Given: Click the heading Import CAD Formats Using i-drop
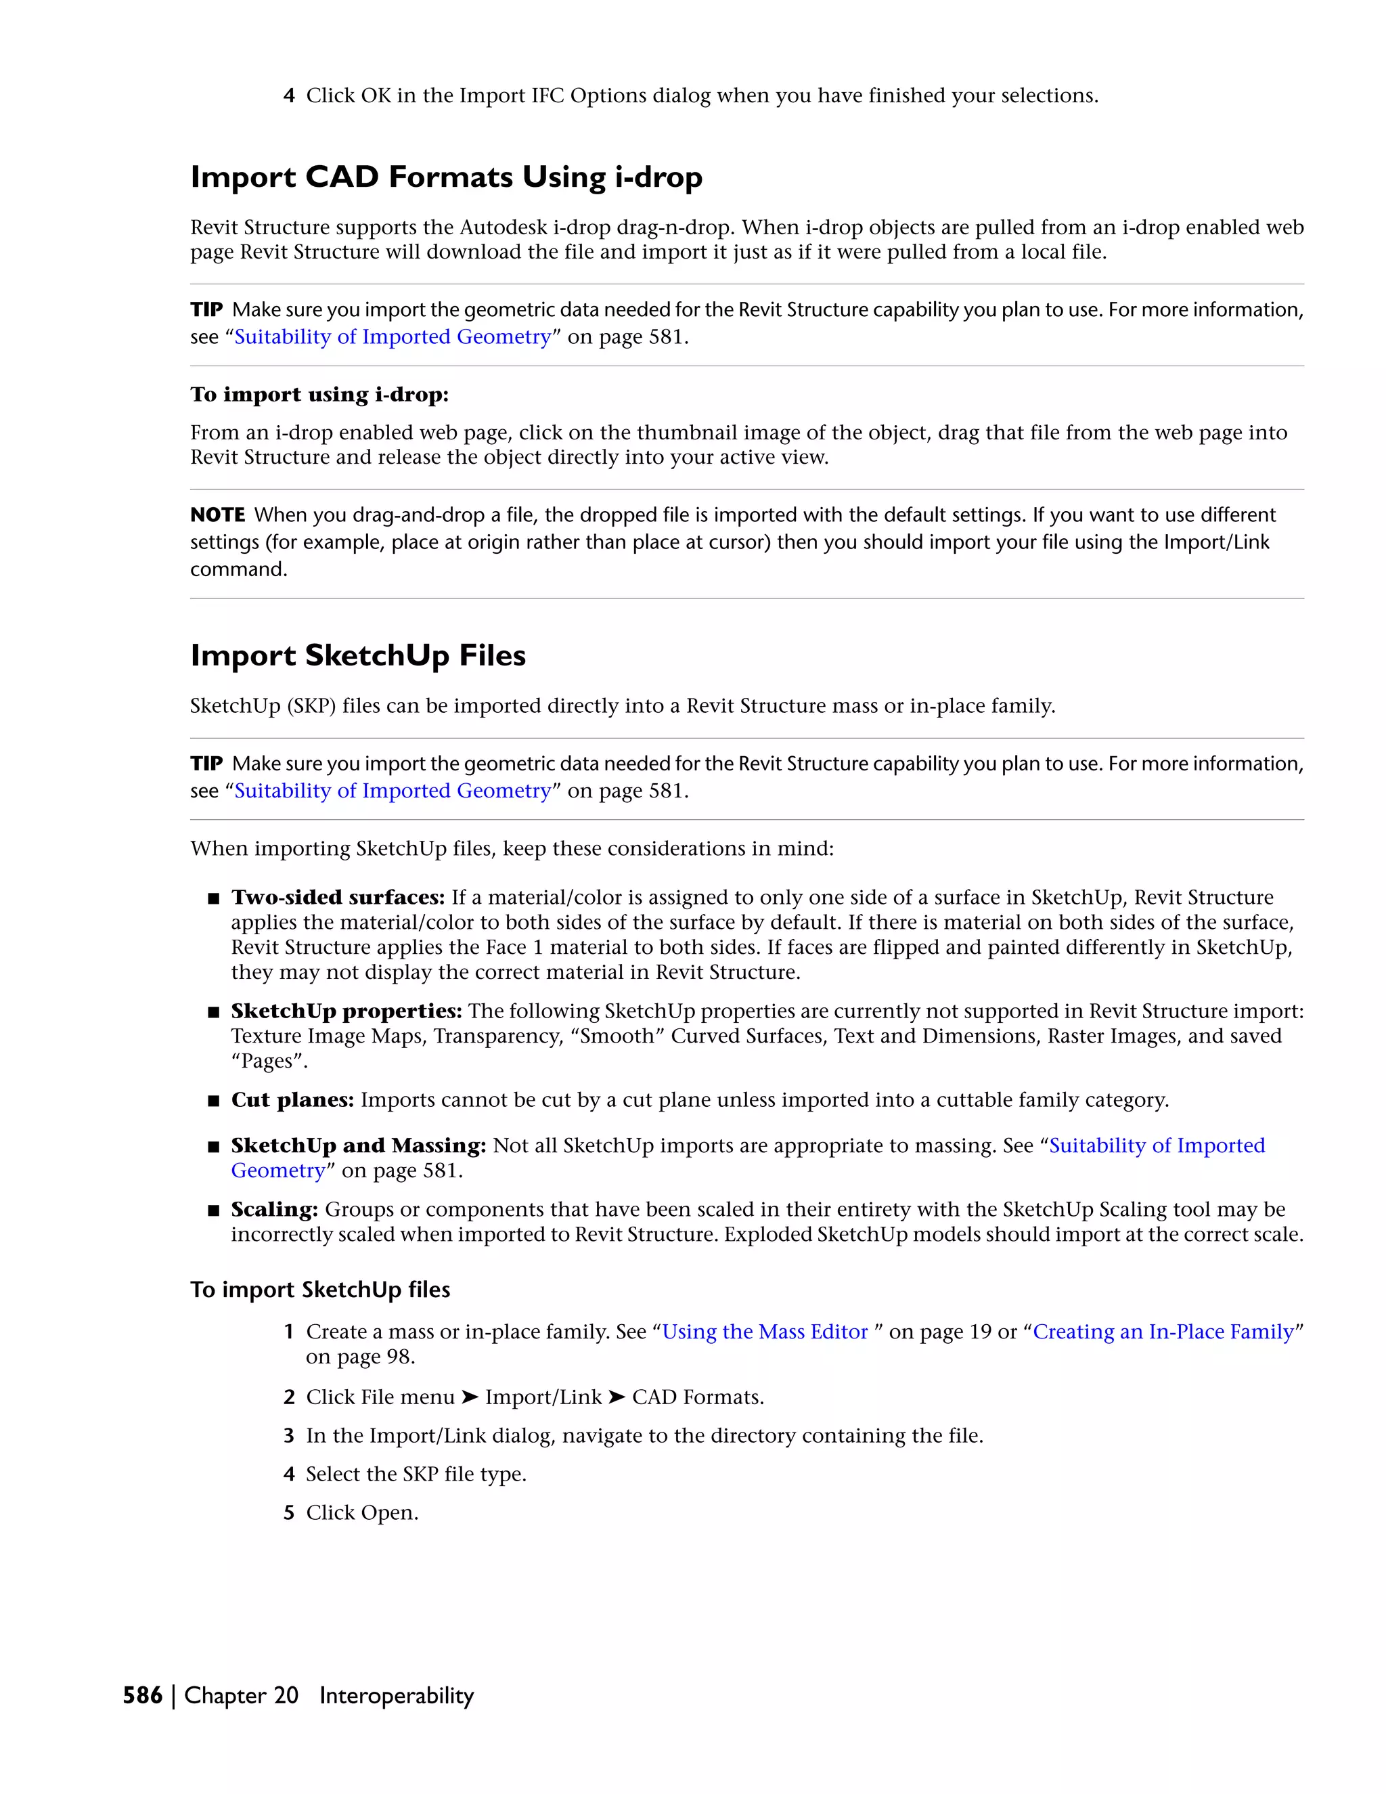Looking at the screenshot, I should pos(446,177).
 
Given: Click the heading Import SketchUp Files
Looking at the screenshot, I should pos(358,655).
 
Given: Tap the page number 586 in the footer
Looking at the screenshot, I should pos(142,1695).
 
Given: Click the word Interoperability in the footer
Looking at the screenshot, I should pos(397,1695).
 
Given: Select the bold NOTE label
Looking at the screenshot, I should pos(218,515).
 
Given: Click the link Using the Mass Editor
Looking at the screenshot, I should pos(765,1332).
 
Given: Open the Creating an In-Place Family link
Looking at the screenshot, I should pos(1163,1332).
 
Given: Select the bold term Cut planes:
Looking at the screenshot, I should pos(292,1100).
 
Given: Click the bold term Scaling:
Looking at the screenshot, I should pos(274,1209).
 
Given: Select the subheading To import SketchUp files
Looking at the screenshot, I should pos(320,1290).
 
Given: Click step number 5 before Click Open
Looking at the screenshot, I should pos(289,1513).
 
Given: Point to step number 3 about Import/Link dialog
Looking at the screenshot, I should pos(289,1436).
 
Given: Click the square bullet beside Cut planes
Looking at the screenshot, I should pos(213,1101).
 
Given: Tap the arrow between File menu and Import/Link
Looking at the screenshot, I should pos(470,1397).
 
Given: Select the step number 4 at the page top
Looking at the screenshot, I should pos(289,96).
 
